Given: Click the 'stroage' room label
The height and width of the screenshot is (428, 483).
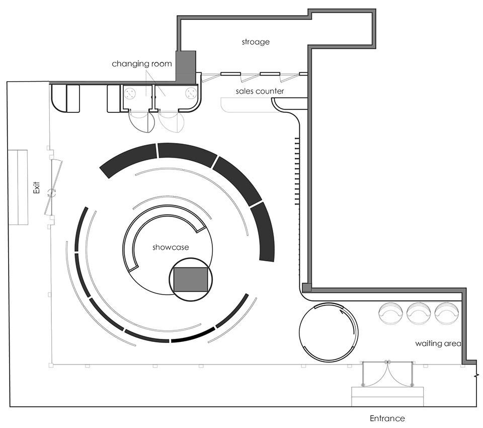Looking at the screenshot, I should (x=256, y=42).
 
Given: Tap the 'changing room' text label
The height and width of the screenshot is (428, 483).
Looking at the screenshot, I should (x=142, y=64).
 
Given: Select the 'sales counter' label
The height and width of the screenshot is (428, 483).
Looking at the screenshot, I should (x=260, y=91).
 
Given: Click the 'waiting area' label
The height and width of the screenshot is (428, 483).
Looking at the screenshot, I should (x=438, y=344).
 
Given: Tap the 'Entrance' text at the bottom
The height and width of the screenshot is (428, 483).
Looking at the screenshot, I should (x=387, y=418).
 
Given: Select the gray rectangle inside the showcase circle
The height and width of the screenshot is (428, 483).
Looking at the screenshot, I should (x=191, y=279).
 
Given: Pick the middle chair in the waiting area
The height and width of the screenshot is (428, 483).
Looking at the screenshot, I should (x=417, y=313).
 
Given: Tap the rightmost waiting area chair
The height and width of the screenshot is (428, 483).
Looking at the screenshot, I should (x=445, y=313).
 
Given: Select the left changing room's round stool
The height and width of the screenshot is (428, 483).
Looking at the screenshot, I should (x=130, y=94).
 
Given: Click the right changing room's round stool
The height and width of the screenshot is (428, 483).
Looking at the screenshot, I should (x=191, y=94).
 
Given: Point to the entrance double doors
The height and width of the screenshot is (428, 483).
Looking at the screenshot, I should (x=388, y=374).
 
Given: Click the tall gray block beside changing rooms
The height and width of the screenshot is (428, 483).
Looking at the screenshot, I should (x=185, y=67).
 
